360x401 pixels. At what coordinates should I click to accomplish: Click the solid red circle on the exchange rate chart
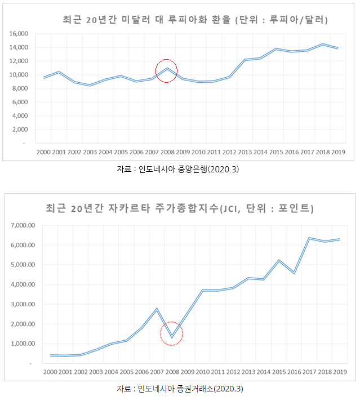coord(166,70)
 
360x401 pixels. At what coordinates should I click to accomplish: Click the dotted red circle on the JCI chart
coord(172,334)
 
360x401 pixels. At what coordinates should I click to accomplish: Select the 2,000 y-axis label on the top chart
coord(20,130)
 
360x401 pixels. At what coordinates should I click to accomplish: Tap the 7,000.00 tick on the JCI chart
coord(24,225)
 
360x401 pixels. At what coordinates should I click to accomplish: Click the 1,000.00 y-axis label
coord(24,344)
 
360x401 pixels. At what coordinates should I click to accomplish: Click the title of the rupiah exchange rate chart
coord(195,20)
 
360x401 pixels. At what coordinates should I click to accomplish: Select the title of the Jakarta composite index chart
coord(179,209)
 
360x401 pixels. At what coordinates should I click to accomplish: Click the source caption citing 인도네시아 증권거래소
coord(179,389)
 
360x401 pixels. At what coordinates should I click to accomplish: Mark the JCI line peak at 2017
coord(309,238)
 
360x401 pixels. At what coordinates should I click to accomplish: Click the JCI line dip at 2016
coord(294,273)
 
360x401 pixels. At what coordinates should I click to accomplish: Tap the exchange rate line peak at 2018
coord(322,44)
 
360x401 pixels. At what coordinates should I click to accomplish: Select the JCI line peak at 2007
coord(157,309)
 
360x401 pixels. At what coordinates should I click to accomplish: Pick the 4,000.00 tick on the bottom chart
coord(24,284)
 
